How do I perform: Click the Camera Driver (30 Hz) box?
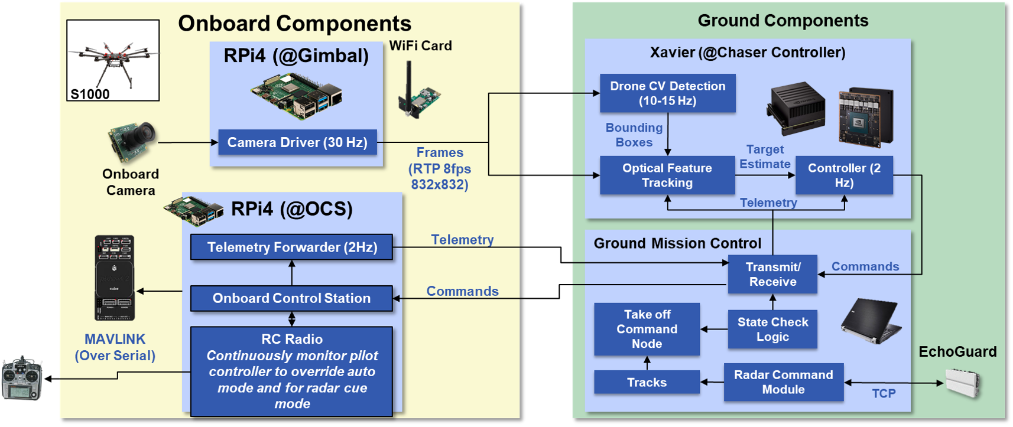297,142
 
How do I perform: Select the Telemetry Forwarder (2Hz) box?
292,247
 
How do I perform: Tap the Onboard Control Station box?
291,298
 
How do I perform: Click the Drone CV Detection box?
667,93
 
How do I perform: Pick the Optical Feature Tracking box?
667,175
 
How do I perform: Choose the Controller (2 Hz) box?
843,175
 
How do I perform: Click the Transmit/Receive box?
772,275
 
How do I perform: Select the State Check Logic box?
772,330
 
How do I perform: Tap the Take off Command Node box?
647,329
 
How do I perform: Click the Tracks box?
647,382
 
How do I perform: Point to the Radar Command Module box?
783,382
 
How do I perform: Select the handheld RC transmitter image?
22,379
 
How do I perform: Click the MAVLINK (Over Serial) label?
115,347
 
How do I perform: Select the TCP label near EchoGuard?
884,393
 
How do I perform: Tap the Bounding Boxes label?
634,135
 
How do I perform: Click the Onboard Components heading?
294,24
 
